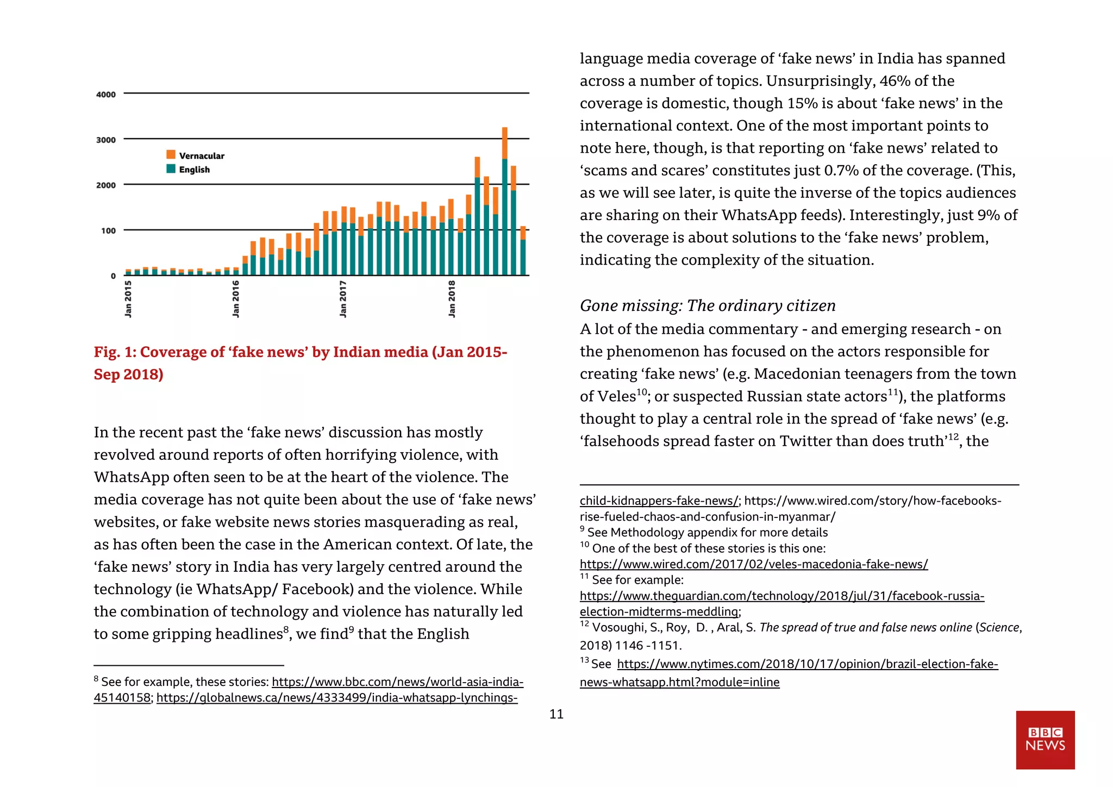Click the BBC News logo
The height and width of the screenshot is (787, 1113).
(x=1045, y=739)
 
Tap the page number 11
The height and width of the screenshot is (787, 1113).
(x=556, y=714)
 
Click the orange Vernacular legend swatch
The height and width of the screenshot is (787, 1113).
(x=171, y=155)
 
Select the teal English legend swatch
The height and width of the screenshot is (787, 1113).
(x=171, y=169)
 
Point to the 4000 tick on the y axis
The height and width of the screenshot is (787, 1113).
(x=106, y=95)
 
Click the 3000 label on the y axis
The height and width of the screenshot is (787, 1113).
(x=106, y=140)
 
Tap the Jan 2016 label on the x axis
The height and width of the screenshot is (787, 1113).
(x=235, y=298)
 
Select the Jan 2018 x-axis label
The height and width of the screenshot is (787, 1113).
(x=452, y=298)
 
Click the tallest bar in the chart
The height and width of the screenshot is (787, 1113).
(x=504, y=201)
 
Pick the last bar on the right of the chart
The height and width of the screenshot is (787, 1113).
(x=523, y=251)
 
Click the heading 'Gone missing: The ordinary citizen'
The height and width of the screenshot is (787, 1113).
(x=707, y=305)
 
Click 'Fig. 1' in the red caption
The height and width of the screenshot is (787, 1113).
(x=113, y=352)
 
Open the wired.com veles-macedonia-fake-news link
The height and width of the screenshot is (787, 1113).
(x=753, y=564)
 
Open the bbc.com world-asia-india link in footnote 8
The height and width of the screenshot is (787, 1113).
(x=397, y=682)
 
